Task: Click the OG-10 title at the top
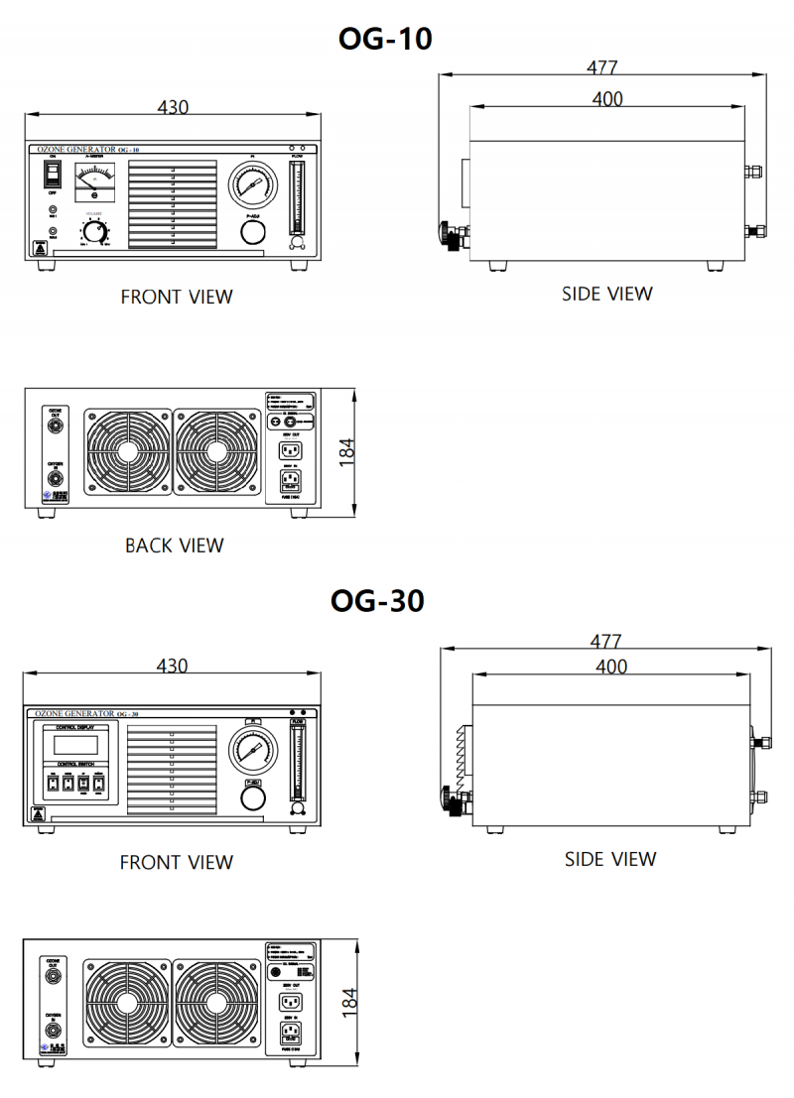click(385, 39)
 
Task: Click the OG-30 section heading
click(377, 601)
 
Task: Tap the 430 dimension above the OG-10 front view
click(173, 107)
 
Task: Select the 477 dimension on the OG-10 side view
click(601, 67)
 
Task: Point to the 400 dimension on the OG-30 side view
click(610, 667)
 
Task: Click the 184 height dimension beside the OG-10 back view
click(346, 450)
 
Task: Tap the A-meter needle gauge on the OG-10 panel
click(95, 182)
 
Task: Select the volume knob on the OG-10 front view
click(95, 231)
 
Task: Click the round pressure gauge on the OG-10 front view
click(253, 185)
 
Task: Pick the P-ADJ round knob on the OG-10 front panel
click(254, 231)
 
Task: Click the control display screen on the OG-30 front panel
click(74, 744)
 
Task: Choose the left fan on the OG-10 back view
click(127, 451)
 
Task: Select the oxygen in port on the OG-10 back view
click(56, 480)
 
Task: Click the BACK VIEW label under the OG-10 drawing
click(175, 546)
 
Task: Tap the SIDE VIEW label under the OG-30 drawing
click(610, 859)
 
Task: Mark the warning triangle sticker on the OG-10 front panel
click(41, 248)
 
